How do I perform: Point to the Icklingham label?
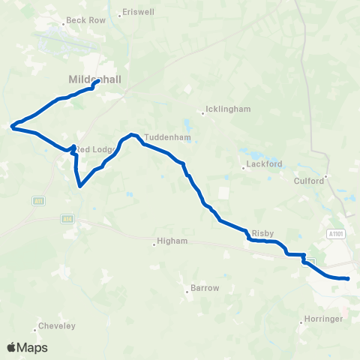[229, 109]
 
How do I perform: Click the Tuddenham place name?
[164, 137]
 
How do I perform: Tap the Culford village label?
[308, 180]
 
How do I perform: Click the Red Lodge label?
[96, 149]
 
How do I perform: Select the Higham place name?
[169, 241]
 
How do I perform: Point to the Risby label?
[265, 233]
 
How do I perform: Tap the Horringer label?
[324, 319]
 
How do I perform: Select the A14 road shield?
[67, 219]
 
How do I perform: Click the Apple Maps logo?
[28, 347]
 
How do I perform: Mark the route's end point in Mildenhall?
[99, 82]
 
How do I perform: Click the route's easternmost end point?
[347, 279]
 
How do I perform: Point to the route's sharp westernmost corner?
[12, 127]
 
